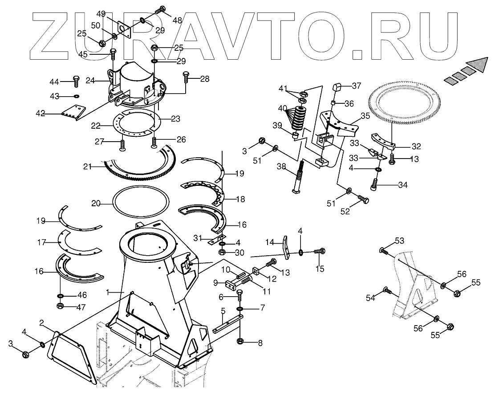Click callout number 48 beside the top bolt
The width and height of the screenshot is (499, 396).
coord(177,20)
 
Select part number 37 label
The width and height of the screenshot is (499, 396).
coord(357,86)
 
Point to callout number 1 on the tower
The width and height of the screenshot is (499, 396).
coord(107,292)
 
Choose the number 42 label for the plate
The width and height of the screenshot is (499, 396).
coord(41,114)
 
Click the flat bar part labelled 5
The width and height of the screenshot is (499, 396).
coord(227,324)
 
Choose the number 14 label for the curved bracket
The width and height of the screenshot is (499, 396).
coord(270,242)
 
